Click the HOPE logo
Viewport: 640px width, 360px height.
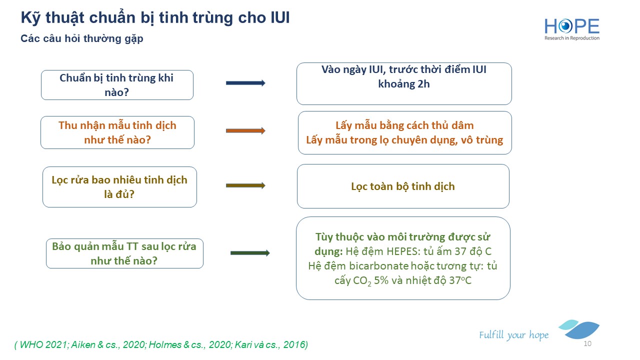click(571, 29)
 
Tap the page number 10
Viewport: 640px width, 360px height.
click(587, 343)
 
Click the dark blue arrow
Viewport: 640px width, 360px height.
click(245, 83)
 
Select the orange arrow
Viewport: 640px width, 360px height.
click(245, 130)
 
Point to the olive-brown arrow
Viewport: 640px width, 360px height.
click(245, 185)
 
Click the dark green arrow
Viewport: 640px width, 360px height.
click(250, 253)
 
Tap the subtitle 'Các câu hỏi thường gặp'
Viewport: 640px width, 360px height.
click(81, 38)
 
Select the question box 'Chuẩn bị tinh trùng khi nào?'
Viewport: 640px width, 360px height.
click(117, 85)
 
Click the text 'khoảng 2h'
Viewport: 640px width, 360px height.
click(403, 84)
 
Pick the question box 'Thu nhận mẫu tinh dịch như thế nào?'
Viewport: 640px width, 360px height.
click(117, 132)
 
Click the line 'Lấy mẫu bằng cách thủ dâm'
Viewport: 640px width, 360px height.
click(404, 125)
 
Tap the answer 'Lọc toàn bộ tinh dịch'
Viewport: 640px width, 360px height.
click(403, 186)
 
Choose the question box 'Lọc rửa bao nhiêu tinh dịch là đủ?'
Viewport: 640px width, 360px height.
click(119, 187)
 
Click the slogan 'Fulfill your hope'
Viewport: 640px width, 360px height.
click(513, 335)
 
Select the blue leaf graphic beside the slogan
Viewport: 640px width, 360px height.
click(579, 329)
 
